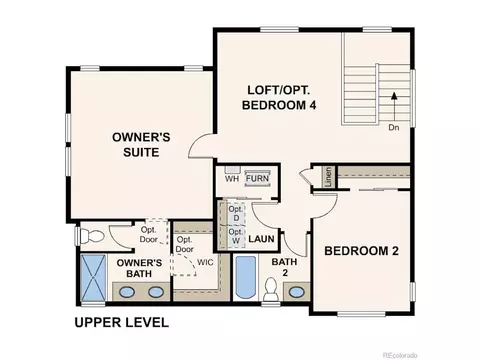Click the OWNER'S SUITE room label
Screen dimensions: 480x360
pyautogui.click(x=141, y=145)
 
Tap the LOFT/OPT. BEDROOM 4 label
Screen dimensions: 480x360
pyautogui.click(x=279, y=97)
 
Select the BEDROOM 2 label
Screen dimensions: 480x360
pyautogui.click(x=361, y=251)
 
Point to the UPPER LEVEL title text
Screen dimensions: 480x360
pyautogui.click(x=121, y=322)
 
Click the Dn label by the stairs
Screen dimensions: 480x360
pyautogui.click(x=394, y=127)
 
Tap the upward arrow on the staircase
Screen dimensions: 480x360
pyautogui.click(x=394, y=106)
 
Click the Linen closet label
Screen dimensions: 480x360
pyautogui.click(x=329, y=177)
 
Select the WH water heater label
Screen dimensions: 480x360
pyautogui.click(x=232, y=179)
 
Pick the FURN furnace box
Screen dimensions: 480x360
pyautogui.click(x=257, y=178)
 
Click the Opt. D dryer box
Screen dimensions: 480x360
pyautogui.click(x=236, y=214)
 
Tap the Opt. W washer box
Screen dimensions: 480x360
pyautogui.click(x=236, y=236)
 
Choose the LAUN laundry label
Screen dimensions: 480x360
pyautogui.click(x=261, y=239)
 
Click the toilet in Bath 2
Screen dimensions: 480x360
pyautogui.click(x=270, y=289)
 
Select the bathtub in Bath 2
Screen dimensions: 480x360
pyautogui.click(x=246, y=276)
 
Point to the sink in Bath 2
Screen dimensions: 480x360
pyautogui.click(x=296, y=292)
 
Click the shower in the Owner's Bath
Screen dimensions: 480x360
pyautogui.click(x=93, y=278)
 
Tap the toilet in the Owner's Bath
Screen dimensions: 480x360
pyautogui.click(x=92, y=236)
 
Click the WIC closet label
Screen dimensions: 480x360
pyautogui.click(x=205, y=262)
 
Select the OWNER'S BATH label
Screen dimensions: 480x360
pyautogui.click(x=139, y=268)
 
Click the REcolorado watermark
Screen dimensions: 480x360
pyautogui.click(x=400, y=355)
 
